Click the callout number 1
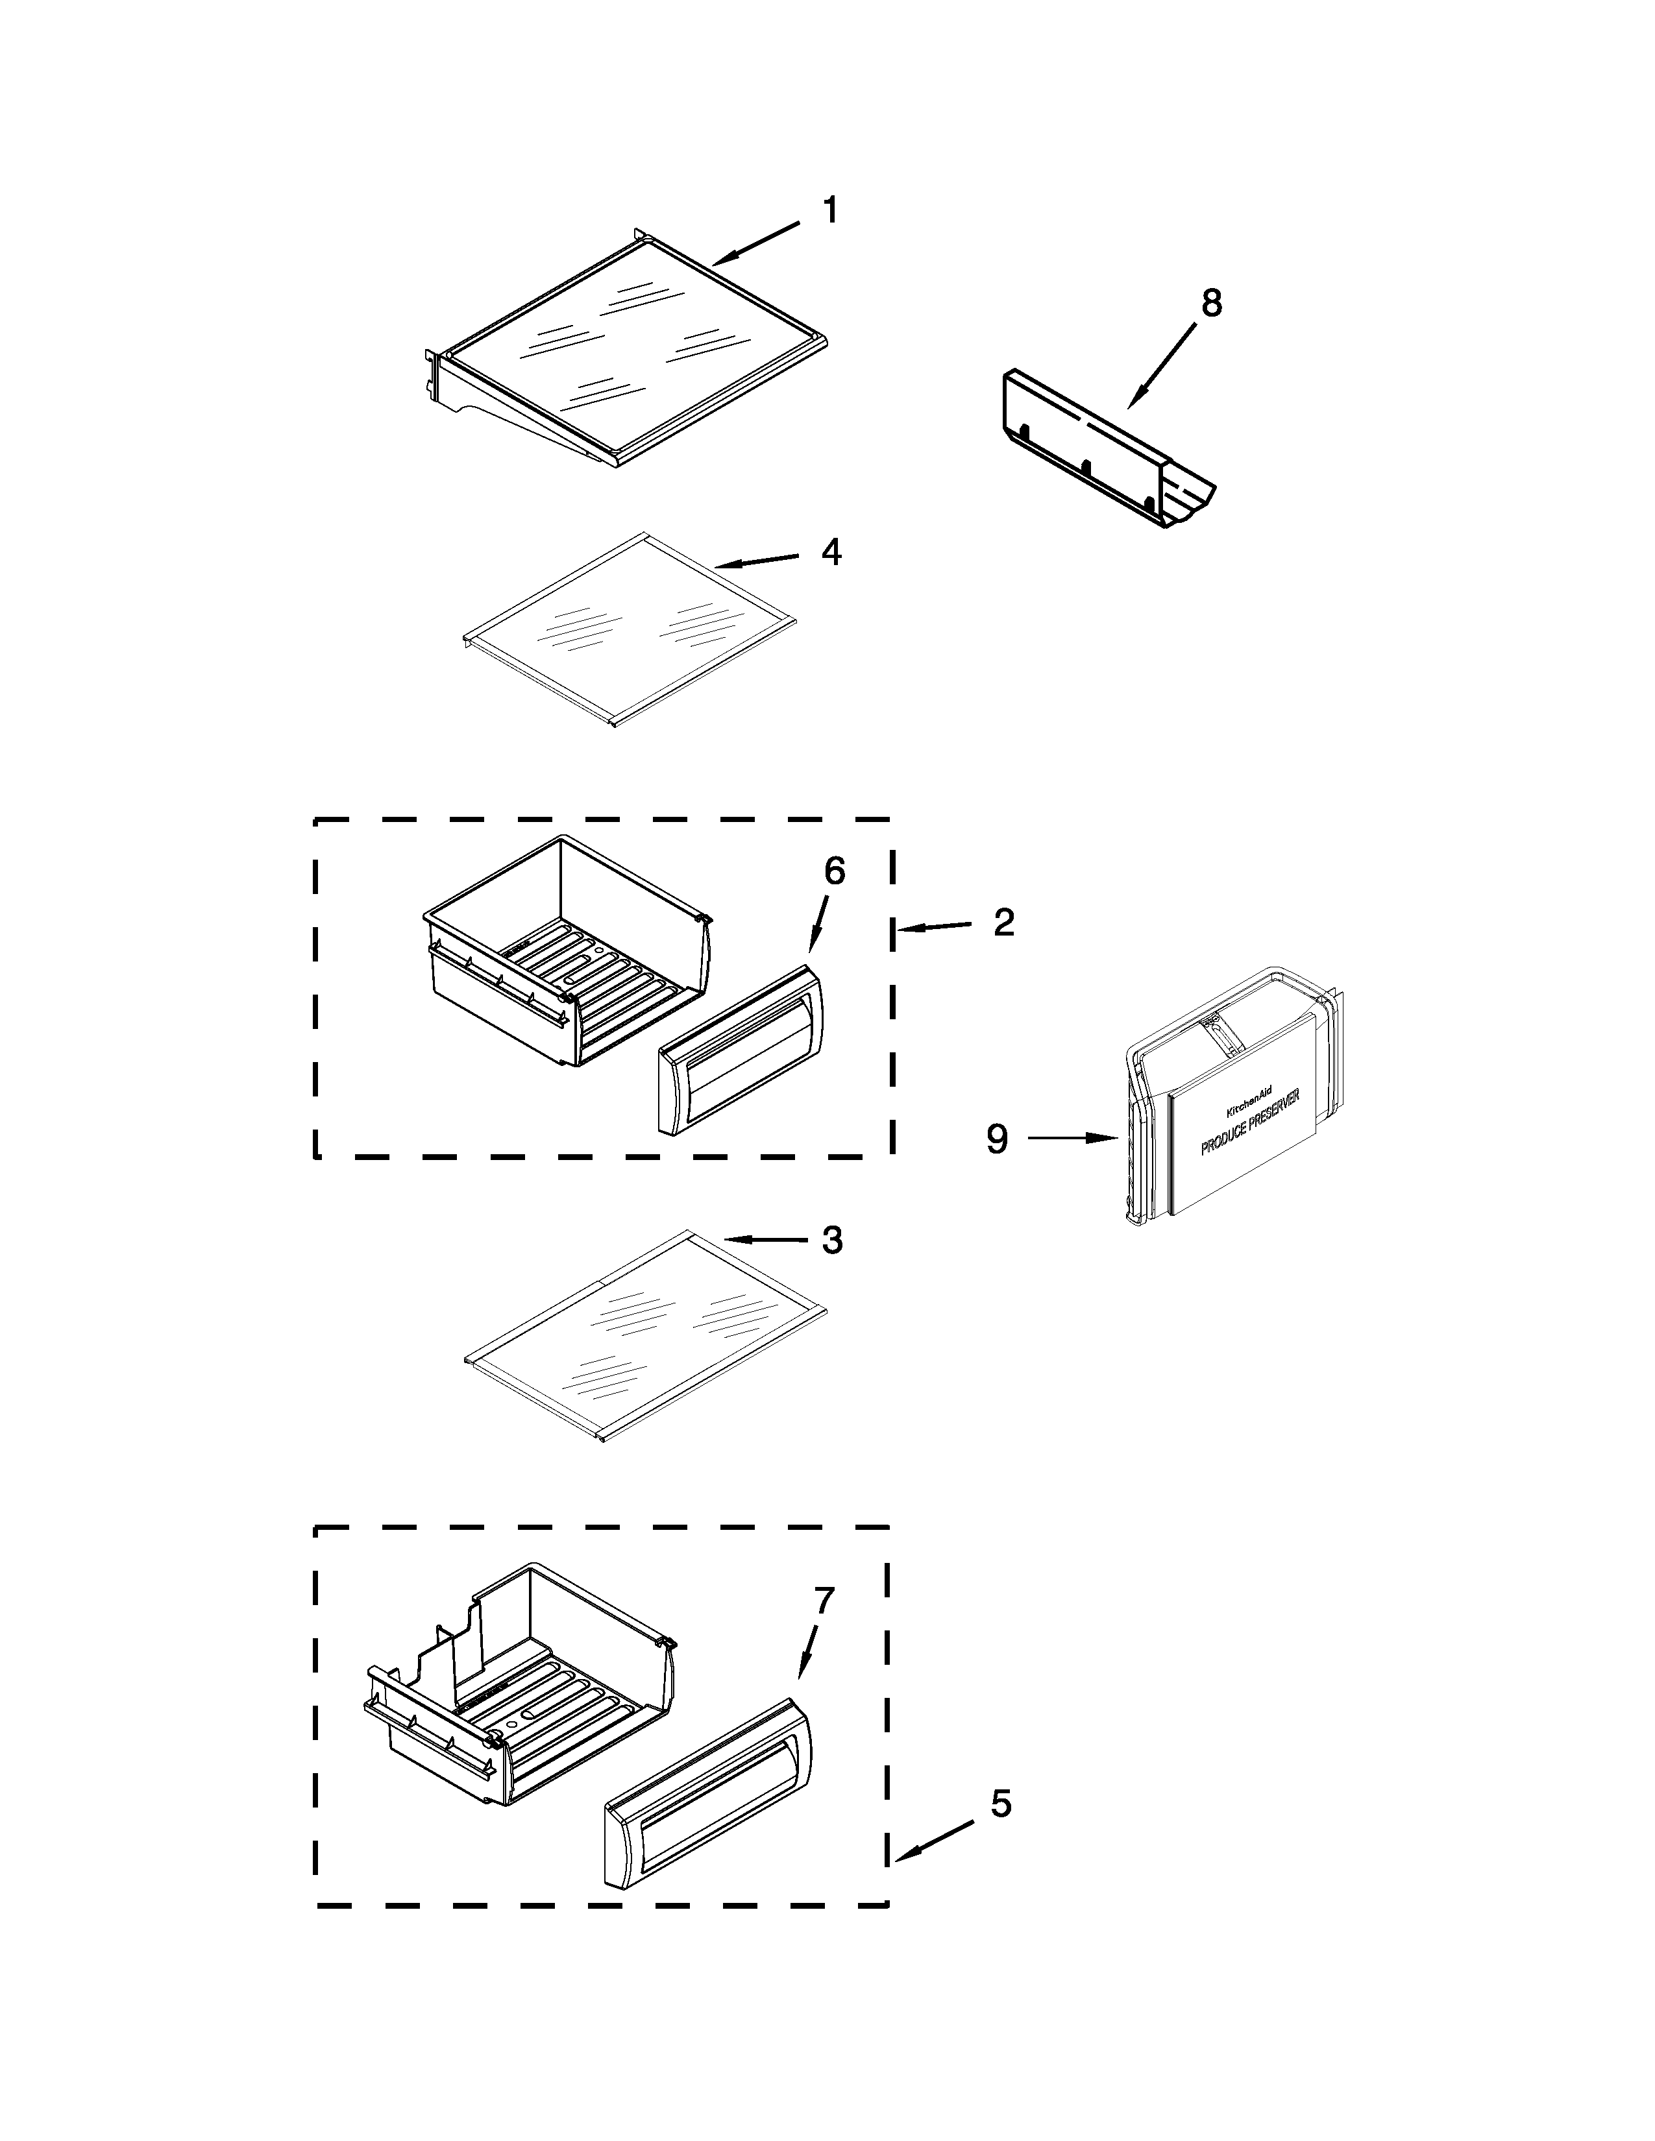coord(829,211)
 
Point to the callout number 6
coord(835,871)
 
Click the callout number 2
coord(1003,923)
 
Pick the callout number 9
coord(997,1139)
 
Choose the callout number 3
coord(831,1241)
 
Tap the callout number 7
coord(824,1601)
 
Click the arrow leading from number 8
coord(1162,365)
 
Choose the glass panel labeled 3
coord(642,1335)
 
